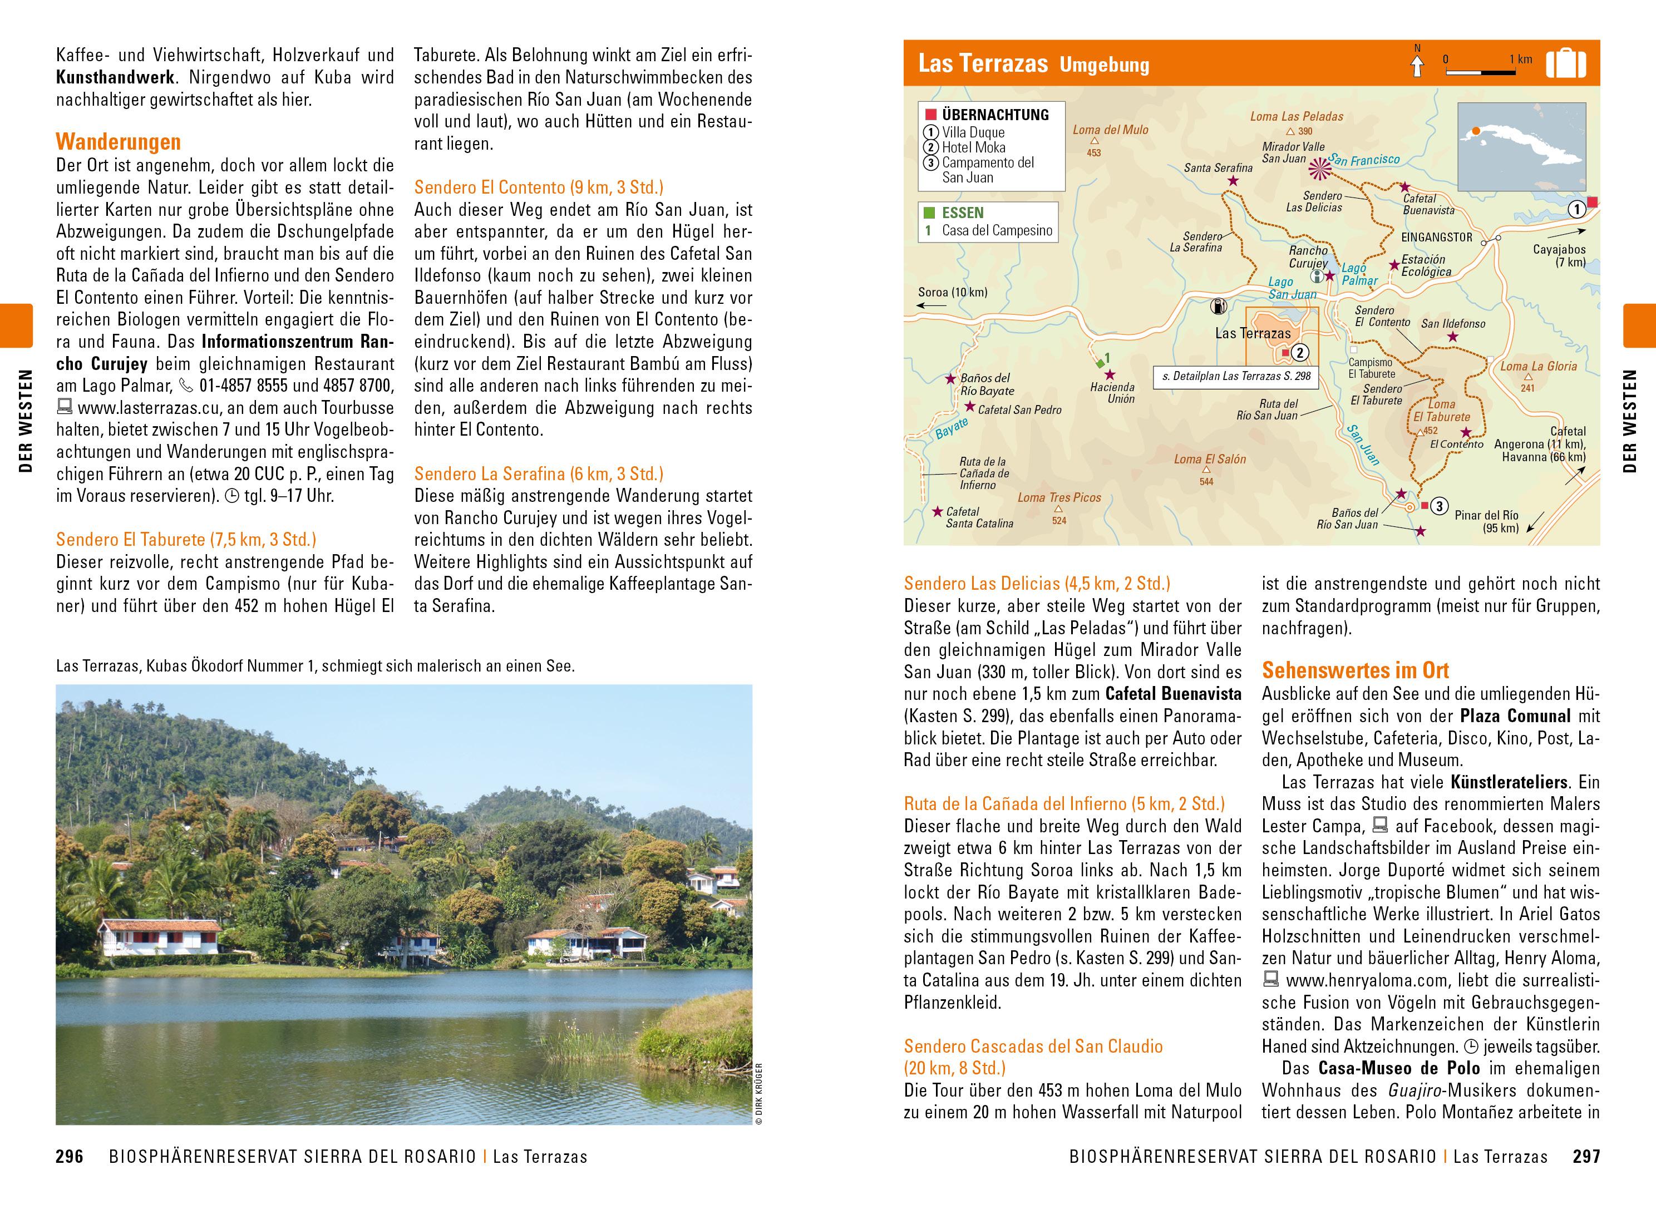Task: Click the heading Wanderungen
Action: (x=118, y=142)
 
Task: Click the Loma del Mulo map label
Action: (x=1111, y=130)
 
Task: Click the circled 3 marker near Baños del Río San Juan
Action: (x=1438, y=506)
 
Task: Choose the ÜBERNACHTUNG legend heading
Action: (x=994, y=115)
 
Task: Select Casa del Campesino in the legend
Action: (x=997, y=230)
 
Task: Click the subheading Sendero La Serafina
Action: (x=539, y=473)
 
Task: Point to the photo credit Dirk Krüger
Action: (x=759, y=1093)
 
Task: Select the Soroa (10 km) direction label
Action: (x=953, y=292)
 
